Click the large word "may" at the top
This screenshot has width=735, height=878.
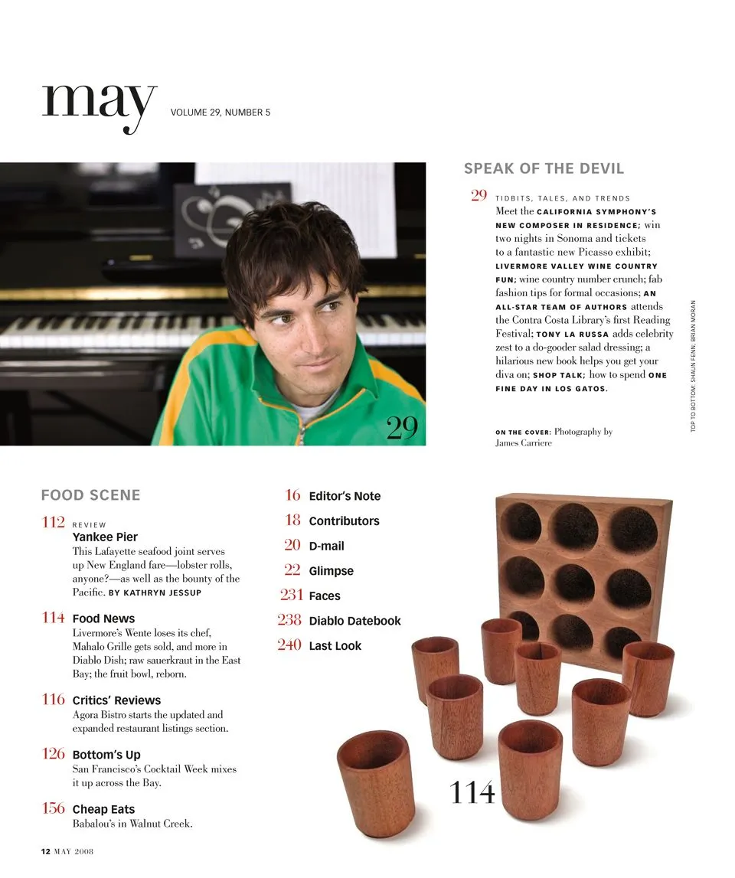pos(100,104)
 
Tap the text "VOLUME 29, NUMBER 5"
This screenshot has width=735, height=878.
pos(220,113)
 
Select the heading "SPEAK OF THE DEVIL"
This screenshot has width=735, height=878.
pos(544,168)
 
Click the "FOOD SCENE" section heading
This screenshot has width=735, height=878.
pos(90,495)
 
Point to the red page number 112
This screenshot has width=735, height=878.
pos(53,522)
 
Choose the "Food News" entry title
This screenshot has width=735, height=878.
pos(103,619)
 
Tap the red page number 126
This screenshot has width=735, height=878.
pos(53,754)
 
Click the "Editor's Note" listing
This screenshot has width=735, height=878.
pos(345,496)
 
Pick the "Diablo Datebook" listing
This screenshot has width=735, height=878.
pos(354,621)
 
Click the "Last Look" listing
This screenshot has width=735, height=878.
pos(335,646)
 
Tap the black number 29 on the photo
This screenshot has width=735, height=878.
pos(402,428)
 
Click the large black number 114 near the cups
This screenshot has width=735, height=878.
pos(472,792)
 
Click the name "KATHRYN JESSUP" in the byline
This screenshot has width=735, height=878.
pos(166,592)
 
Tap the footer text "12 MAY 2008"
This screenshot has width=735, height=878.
pos(67,850)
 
